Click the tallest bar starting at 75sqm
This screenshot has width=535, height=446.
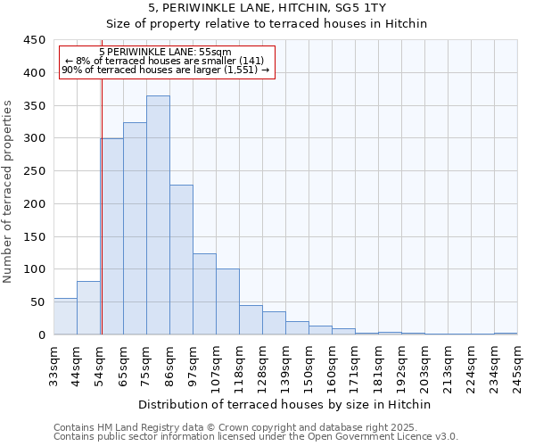point(158,215)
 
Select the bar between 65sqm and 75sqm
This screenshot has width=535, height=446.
point(135,228)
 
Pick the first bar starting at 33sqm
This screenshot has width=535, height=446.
point(65,317)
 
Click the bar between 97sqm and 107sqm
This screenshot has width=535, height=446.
point(204,294)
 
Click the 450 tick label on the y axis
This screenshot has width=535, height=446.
point(34,40)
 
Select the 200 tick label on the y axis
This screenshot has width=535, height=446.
point(34,204)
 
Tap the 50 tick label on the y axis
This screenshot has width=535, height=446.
point(37,302)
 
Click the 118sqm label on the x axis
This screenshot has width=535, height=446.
point(240,366)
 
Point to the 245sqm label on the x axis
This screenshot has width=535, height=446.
point(518,366)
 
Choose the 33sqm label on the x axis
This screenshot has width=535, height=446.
point(54,366)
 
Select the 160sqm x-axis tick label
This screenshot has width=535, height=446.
point(333,366)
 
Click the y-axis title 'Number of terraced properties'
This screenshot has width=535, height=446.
point(8,191)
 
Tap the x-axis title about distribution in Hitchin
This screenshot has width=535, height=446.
point(285,404)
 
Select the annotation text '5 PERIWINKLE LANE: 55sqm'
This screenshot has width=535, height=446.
point(166,53)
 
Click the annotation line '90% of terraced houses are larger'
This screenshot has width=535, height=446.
point(166,70)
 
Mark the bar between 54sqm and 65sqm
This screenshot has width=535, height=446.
point(112,236)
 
